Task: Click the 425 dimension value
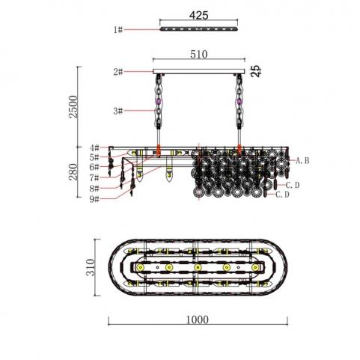(198, 16)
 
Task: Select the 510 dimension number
(199, 55)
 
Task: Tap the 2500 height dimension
(74, 106)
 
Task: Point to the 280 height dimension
(73, 171)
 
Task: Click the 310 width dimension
(91, 267)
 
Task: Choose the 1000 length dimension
(198, 320)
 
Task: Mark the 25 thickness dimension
(257, 71)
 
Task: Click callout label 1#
(118, 30)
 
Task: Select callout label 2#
(118, 72)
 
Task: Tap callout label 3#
(118, 111)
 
